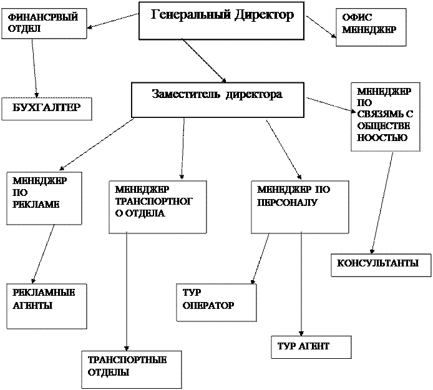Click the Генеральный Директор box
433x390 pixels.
221,21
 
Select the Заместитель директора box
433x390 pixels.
218,100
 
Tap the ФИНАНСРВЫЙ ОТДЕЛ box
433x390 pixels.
44,24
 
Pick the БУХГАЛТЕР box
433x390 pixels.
47,109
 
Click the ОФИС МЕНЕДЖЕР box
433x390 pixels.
371,27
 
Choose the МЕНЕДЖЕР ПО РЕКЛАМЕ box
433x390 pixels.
44,198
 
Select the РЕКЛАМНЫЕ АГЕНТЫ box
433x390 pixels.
47,306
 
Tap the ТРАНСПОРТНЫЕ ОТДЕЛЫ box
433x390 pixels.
132,369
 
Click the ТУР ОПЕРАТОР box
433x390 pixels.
216,303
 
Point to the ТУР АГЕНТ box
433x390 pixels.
311,347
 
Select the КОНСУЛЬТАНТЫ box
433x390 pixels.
381,265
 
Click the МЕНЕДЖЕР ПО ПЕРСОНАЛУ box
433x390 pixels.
300,207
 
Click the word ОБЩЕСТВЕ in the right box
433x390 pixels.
383,126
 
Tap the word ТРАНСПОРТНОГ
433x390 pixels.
153,202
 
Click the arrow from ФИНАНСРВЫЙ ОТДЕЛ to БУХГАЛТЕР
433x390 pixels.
34,68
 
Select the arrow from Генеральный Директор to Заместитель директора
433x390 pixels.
204,61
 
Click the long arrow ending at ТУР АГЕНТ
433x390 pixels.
301,284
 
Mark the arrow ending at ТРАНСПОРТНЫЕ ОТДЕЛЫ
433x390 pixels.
127,291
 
